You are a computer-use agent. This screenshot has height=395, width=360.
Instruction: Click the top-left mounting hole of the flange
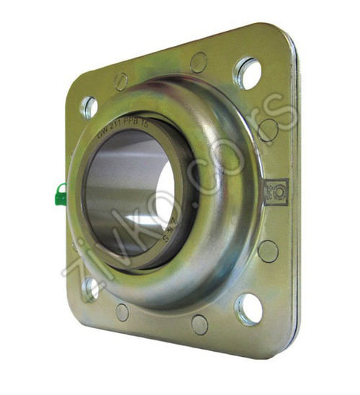point(89,107)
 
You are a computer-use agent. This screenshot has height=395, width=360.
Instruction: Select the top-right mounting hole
point(247,73)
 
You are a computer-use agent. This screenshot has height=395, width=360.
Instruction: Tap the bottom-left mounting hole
point(91,289)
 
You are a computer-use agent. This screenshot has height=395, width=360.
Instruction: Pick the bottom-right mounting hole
point(249,308)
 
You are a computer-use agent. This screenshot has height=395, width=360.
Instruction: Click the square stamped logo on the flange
point(276,191)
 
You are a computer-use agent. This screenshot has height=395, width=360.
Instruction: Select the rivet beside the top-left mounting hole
point(121,81)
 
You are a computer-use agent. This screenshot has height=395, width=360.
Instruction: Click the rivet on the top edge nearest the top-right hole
point(199,62)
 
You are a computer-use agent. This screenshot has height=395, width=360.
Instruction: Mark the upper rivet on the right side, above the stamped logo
point(269,130)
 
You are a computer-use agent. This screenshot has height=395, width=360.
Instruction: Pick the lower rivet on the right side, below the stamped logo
point(268,251)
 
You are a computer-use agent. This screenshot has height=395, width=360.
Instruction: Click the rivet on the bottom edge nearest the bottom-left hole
point(122,312)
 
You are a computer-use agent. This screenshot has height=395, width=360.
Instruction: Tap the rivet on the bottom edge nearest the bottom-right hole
point(200,324)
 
